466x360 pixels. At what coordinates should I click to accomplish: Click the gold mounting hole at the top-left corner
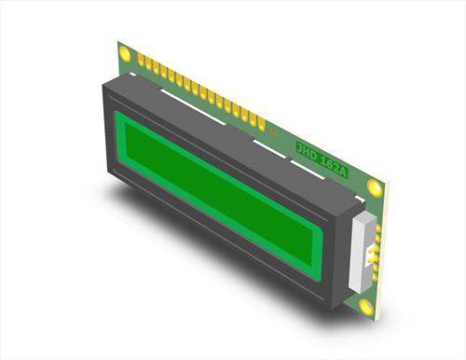click(x=125, y=54)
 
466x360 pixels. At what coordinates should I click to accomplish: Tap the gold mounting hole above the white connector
click(x=375, y=186)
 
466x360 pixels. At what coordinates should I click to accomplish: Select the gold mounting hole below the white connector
click(x=365, y=305)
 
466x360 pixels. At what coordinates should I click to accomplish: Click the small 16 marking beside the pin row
click(x=274, y=133)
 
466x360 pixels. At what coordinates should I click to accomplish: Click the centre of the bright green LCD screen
click(x=220, y=186)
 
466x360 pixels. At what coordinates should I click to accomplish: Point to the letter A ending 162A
click(x=347, y=169)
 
